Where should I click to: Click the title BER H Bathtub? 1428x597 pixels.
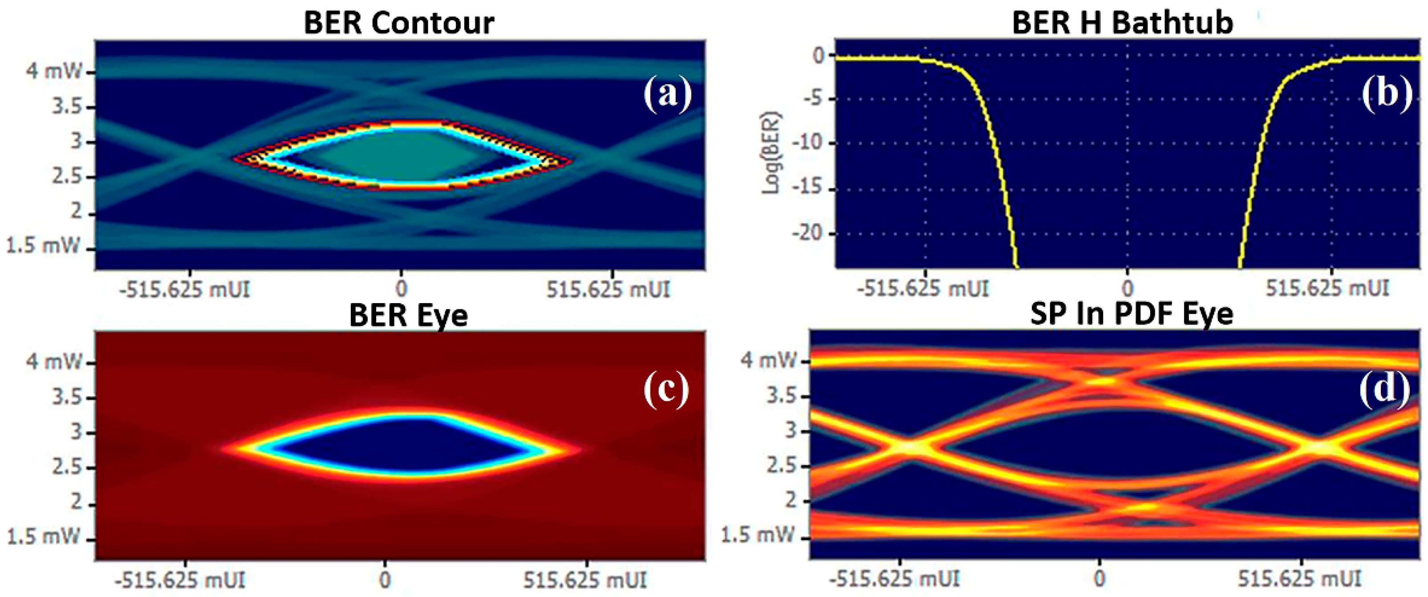tap(1122, 23)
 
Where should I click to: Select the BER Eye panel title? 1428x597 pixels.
tap(408, 315)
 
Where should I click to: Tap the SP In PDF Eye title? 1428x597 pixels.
tap(1132, 314)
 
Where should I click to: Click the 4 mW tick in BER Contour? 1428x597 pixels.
tap(54, 72)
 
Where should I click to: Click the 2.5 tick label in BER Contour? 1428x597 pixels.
tap(66, 177)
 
